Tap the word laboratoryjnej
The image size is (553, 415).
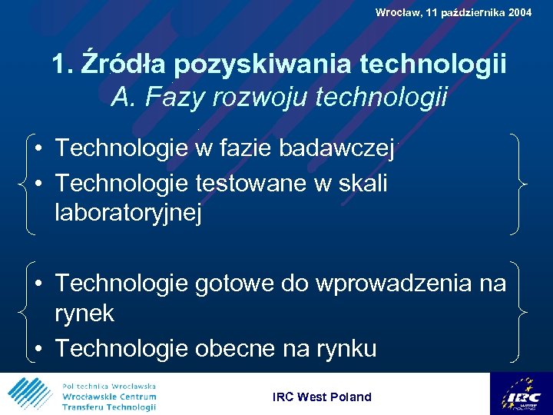128,213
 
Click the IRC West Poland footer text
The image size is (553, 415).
322,397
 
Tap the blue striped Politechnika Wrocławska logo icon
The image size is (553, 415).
30,394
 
